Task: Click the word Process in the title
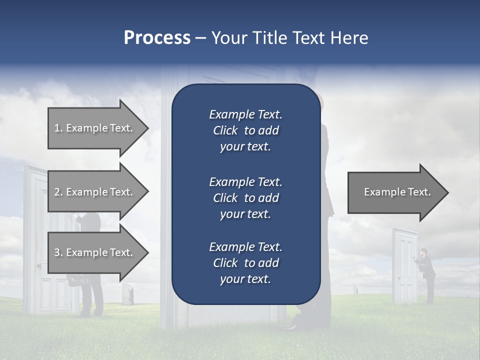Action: [157, 38]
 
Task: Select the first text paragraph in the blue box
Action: [245, 130]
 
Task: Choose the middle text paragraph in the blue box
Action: [245, 198]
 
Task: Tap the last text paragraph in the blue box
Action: [245, 263]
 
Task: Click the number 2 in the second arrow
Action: [57, 192]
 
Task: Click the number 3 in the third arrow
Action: [57, 252]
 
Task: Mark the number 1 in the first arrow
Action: [57, 128]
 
